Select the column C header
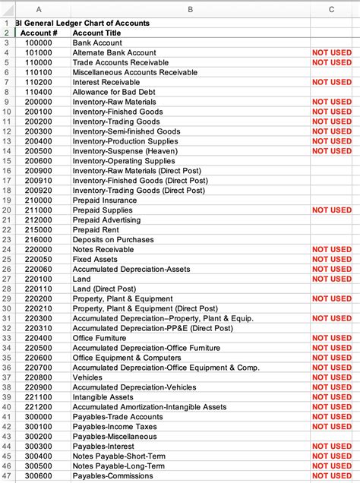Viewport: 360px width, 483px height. pos(332,8)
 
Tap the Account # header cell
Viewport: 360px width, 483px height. pos(39,33)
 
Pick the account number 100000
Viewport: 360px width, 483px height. pos(39,43)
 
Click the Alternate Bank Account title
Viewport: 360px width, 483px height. pos(110,53)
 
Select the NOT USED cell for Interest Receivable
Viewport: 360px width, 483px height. pos(332,82)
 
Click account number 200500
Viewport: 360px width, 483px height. pos(39,150)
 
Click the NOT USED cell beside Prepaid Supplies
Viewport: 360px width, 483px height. pos(332,210)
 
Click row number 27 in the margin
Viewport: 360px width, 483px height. pos(6,279)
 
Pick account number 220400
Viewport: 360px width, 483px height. pos(39,338)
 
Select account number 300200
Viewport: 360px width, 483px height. pos(39,437)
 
